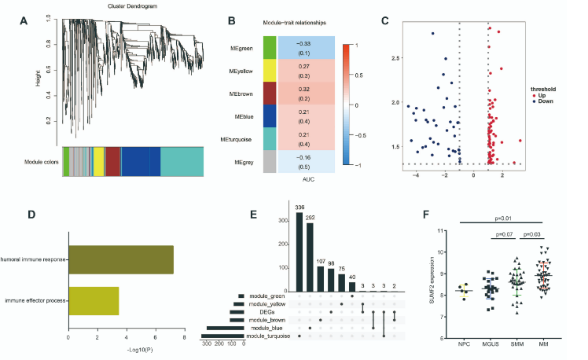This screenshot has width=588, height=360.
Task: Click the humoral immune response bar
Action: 120,259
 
